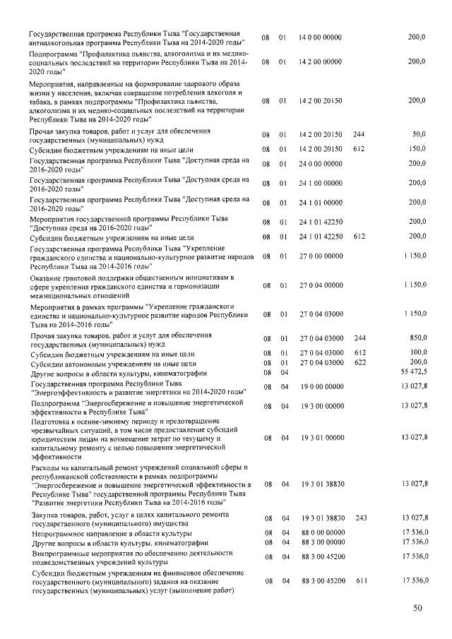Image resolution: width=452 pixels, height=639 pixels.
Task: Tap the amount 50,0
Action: (419, 134)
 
